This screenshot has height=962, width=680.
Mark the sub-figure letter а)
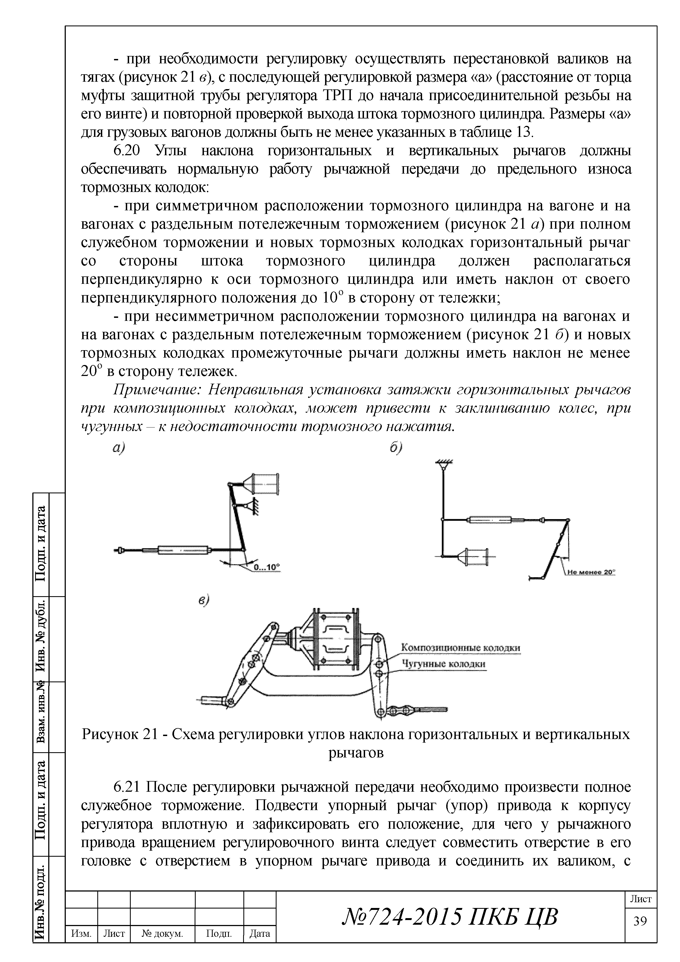tap(119, 448)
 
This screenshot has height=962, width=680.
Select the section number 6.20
tap(129, 151)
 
